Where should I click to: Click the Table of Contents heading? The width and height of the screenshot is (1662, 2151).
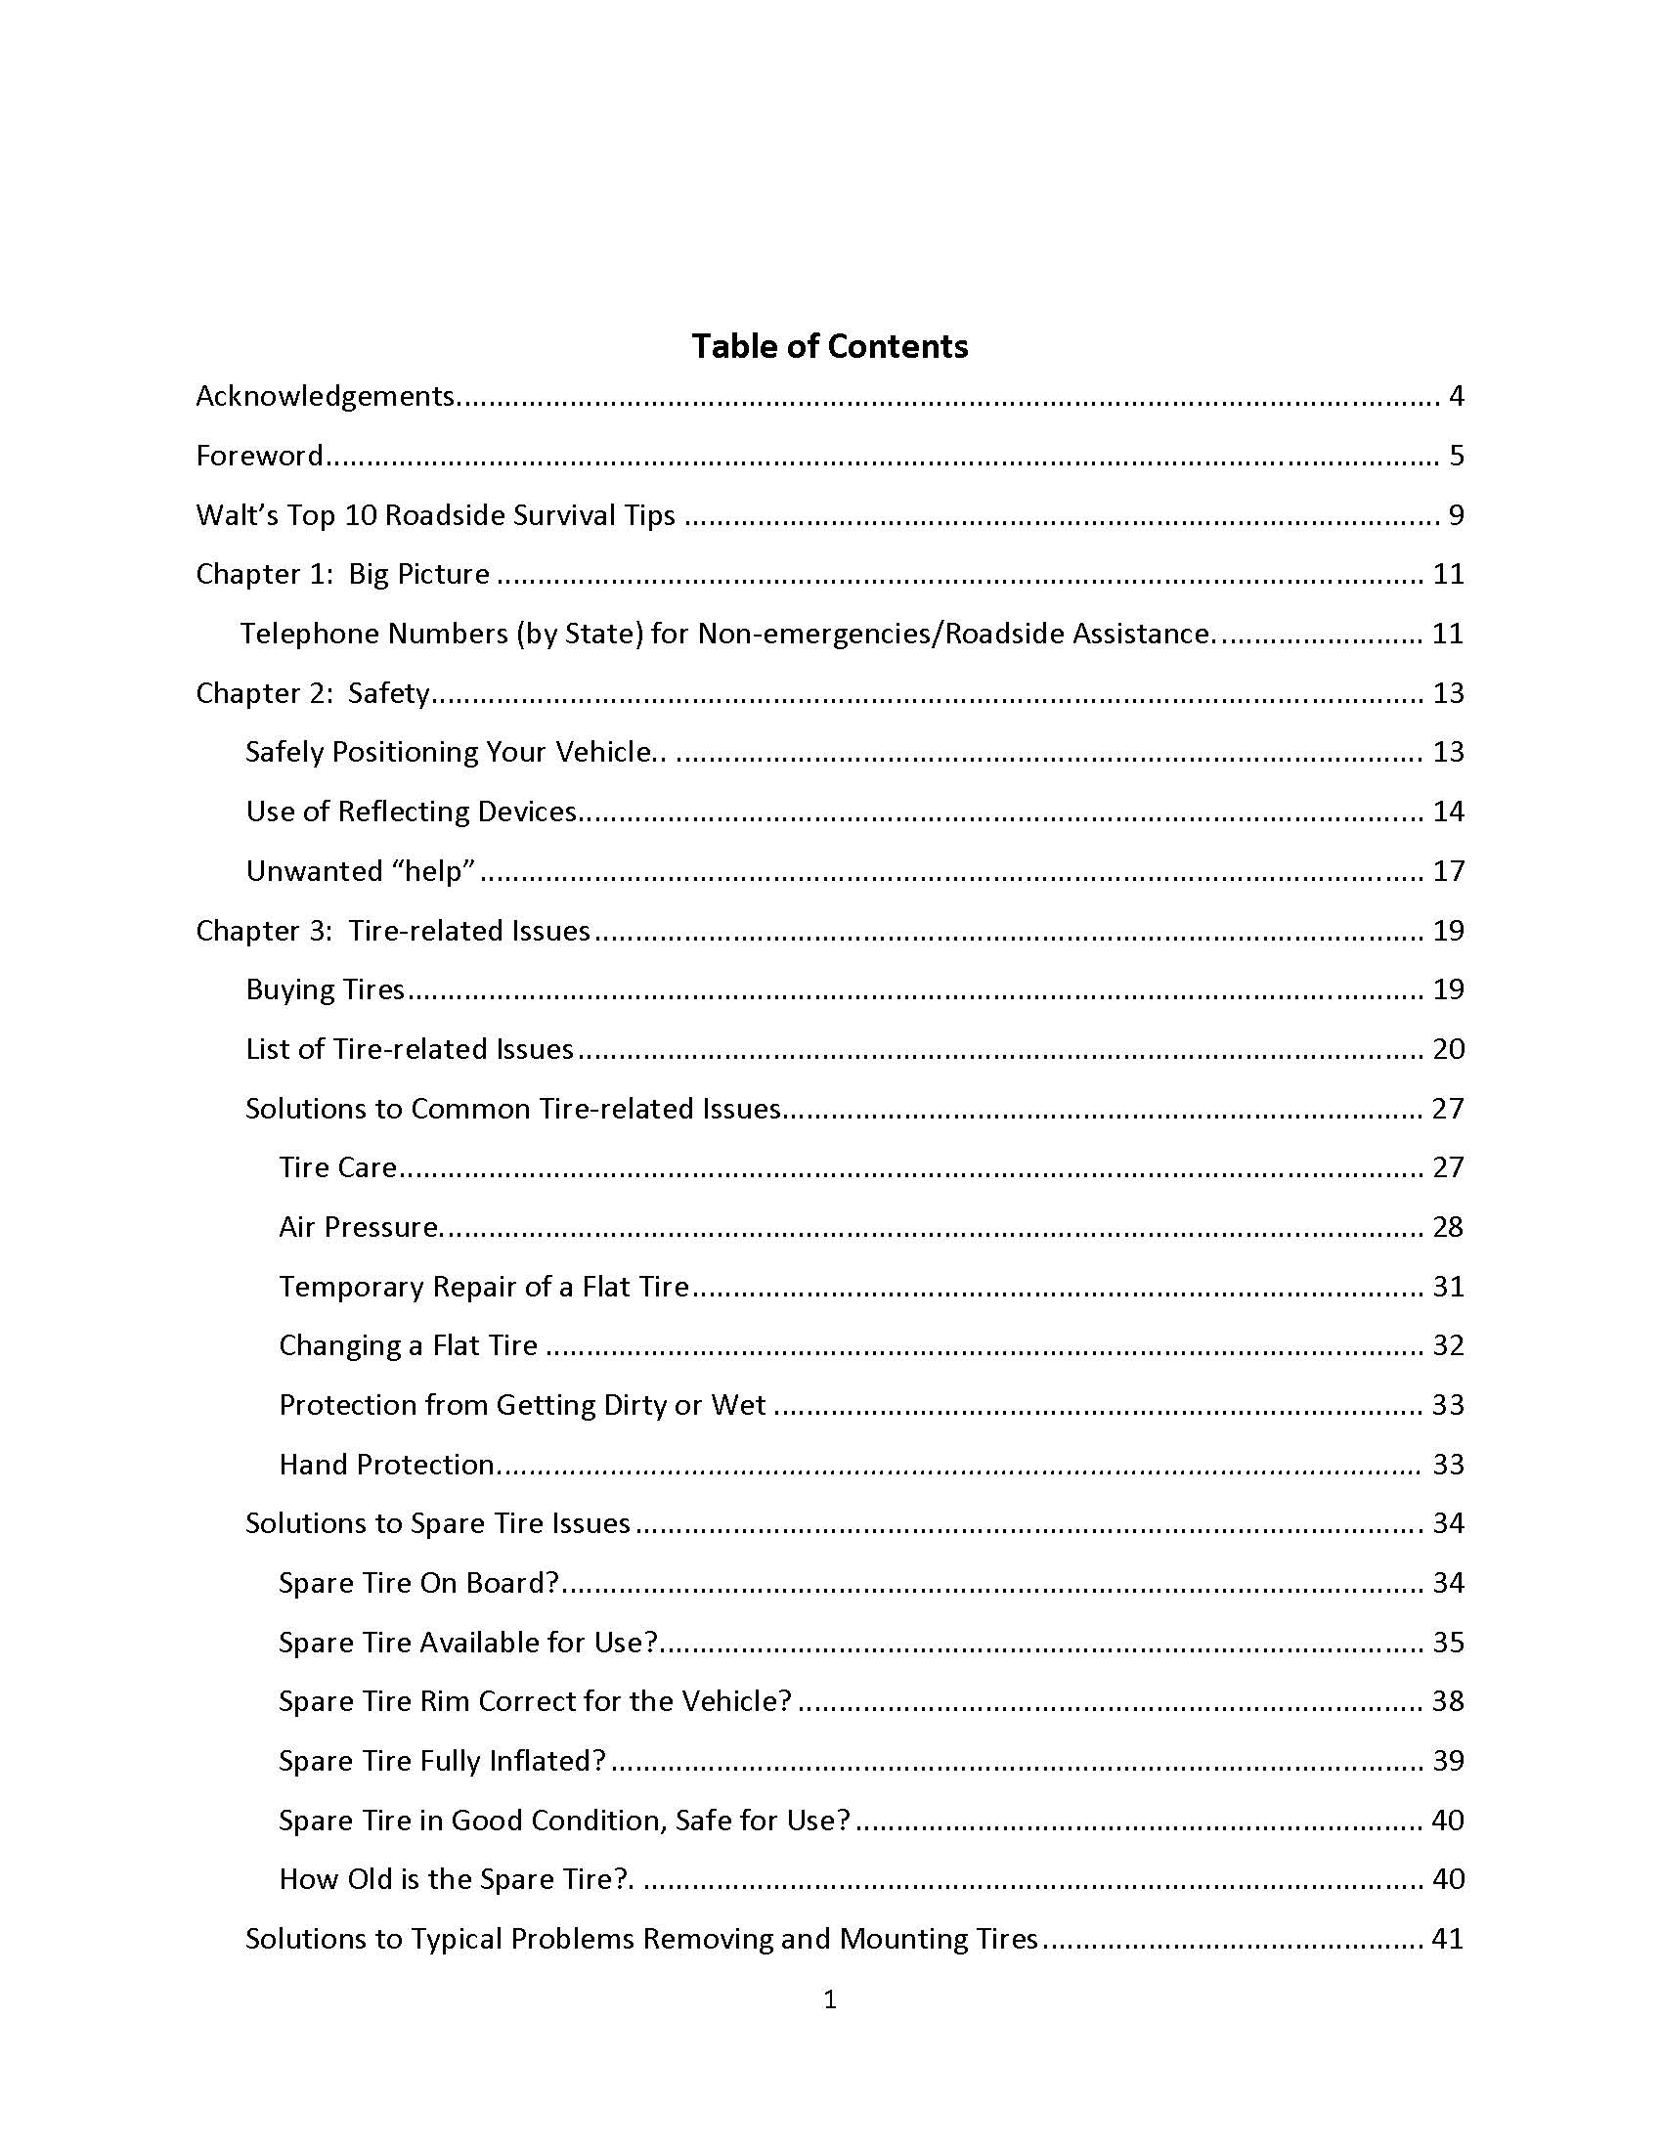829,347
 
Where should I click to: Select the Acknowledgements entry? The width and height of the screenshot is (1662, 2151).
325,396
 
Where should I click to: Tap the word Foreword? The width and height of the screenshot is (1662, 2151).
259,455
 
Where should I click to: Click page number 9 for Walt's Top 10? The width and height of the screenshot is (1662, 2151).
1456,515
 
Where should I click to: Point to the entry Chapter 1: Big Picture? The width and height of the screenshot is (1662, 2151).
342,574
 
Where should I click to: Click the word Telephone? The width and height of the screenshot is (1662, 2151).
306,634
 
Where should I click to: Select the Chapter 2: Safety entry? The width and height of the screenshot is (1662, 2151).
313,693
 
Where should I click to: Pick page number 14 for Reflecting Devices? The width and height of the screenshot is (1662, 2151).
1447,812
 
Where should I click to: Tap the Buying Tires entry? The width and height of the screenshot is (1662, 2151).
325,989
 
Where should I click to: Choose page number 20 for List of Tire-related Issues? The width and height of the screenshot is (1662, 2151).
1447,1049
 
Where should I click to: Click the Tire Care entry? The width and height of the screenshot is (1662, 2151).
337,1167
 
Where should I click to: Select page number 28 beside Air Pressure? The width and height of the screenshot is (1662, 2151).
1447,1227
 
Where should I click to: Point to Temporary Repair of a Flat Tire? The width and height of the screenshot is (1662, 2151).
483,1288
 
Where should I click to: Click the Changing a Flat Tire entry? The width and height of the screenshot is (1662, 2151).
408,1345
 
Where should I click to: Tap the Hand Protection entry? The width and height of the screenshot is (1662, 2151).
386,1465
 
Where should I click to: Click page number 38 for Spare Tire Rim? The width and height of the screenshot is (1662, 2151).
1447,1701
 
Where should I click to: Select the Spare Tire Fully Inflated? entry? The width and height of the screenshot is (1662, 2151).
442,1761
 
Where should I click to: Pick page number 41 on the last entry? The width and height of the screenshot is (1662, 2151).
1447,1939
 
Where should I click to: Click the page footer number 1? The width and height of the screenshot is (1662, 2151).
830,1998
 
